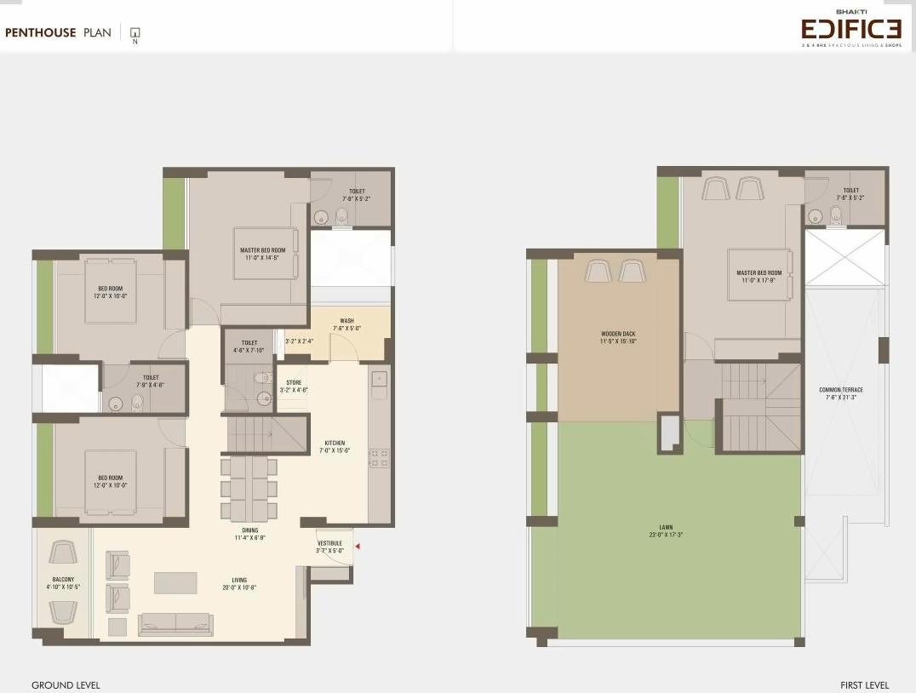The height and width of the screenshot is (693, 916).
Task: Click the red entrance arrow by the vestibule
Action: (x=358, y=547)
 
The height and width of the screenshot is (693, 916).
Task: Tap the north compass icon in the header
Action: (x=135, y=34)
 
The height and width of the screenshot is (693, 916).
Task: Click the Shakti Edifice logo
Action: (x=850, y=30)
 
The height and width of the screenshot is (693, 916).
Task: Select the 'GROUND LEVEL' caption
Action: (x=66, y=685)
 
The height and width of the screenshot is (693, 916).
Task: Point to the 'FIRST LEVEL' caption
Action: (x=864, y=685)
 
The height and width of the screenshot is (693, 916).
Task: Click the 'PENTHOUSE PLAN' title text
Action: (x=58, y=33)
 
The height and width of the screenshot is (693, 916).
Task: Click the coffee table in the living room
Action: (x=175, y=582)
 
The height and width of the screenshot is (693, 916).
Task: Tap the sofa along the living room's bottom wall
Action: (x=176, y=623)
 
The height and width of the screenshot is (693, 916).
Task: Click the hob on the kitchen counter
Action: (x=379, y=458)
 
